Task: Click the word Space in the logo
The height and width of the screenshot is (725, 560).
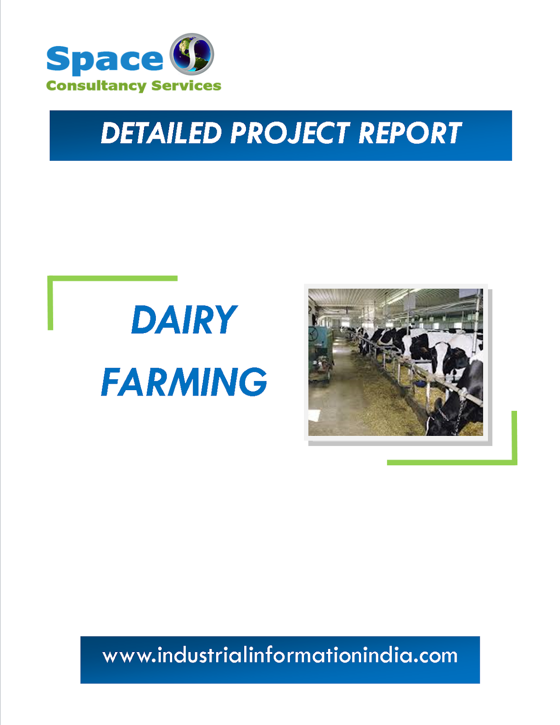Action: [x=104, y=59]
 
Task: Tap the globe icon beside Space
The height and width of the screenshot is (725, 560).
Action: [x=192, y=53]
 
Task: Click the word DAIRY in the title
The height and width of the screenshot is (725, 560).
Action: [x=183, y=320]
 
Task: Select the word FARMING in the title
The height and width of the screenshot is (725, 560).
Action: [x=183, y=382]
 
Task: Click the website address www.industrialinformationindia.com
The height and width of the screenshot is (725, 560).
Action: [x=280, y=656]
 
